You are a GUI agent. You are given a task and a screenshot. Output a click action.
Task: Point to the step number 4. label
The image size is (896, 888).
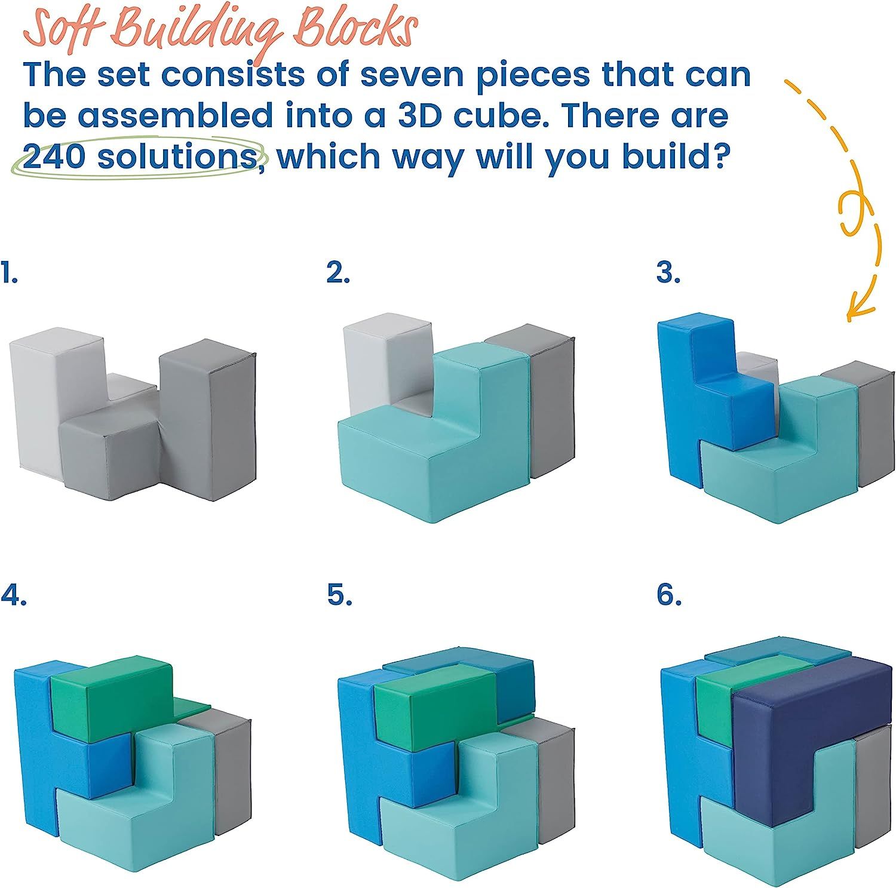pos(13,595)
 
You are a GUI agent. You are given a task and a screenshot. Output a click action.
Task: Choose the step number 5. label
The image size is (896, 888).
pos(339,595)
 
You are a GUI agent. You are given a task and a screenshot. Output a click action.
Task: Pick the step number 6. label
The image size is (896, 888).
pos(670,595)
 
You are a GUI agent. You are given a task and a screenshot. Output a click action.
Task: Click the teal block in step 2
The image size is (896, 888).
pos(418,454)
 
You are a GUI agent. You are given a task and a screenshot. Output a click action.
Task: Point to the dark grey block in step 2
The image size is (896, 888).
pos(550,406)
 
